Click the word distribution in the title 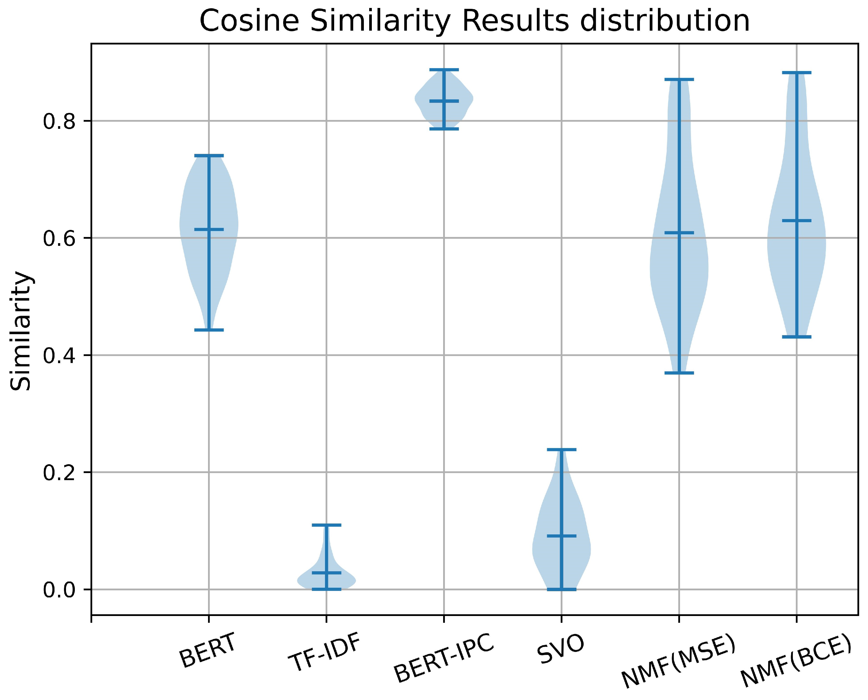664,21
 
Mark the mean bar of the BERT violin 209,229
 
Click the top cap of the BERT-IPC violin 444,70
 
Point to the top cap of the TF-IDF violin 326,525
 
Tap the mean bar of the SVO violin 562,536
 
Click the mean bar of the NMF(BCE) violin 797,220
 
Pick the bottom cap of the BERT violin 209,330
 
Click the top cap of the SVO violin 562,449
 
